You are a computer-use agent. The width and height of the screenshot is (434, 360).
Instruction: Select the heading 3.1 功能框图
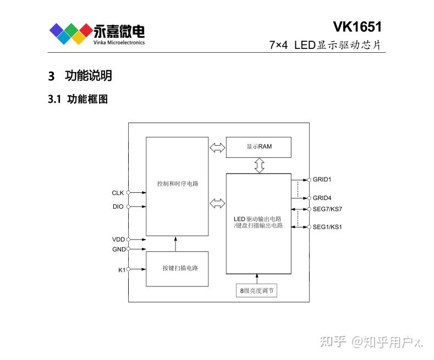pos(78,99)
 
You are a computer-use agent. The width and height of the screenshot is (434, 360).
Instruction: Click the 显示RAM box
pos(259,147)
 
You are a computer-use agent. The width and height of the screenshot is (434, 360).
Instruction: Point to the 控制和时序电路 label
pos(177,184)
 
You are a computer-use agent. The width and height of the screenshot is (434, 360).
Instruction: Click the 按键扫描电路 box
pos(177,268)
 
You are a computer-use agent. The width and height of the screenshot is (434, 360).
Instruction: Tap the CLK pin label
pos(118,193)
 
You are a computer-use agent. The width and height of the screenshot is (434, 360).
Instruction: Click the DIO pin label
pos(118,207)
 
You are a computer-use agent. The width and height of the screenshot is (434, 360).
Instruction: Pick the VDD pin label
pos(118,240)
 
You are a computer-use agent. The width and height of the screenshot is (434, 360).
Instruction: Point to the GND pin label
pos(118,249)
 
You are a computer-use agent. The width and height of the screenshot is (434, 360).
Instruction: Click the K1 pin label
pos(121,269)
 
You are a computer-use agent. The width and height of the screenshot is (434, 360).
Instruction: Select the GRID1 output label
pos(322,180)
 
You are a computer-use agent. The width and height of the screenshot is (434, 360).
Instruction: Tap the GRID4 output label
pos(322,198)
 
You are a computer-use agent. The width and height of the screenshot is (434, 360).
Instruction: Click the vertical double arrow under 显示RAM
pos(259,165)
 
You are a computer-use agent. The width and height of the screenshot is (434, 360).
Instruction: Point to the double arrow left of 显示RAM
pos(217,147)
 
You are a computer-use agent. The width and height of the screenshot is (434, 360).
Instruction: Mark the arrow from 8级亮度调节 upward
pos(256,279)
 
